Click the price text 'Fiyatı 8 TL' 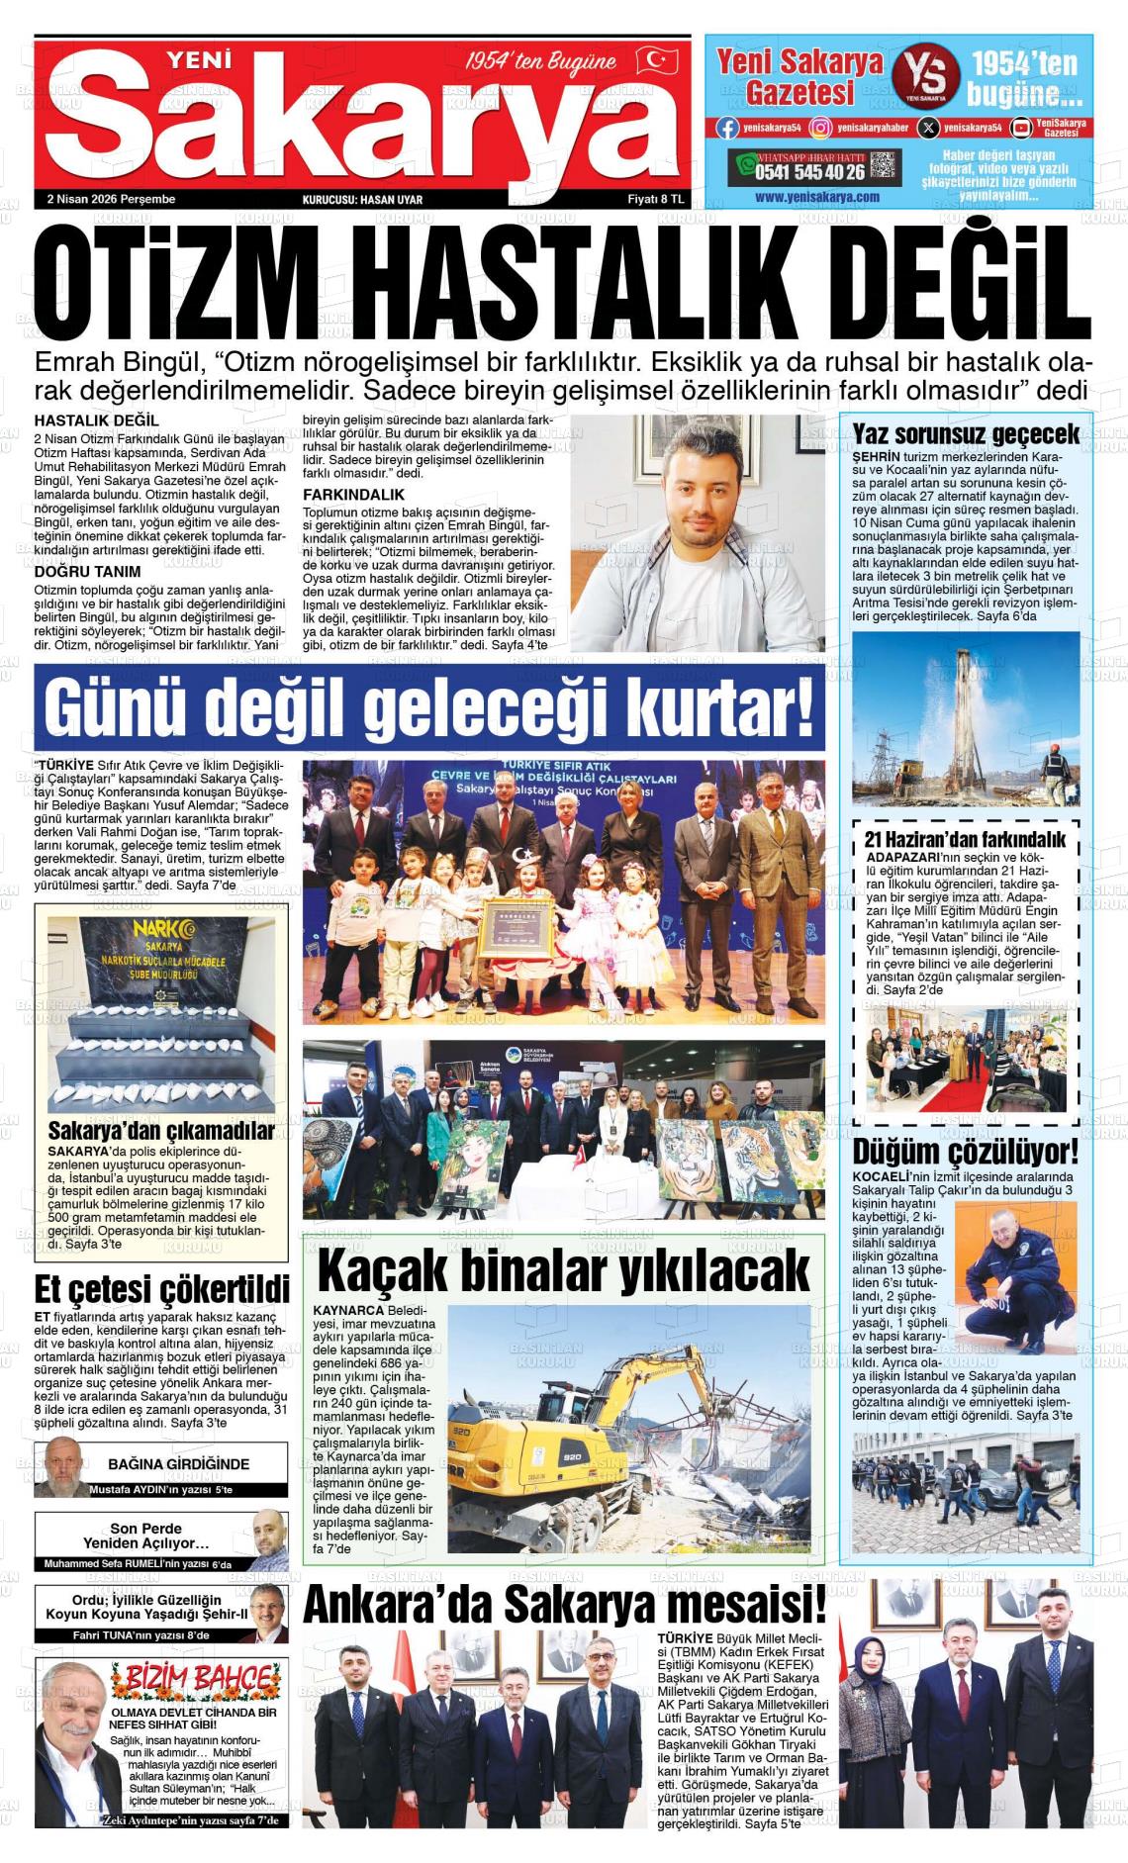656,199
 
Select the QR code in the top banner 885,167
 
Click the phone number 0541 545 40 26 809,171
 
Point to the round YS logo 925,77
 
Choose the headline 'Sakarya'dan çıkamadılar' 161,1130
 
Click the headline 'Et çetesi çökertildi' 162,1289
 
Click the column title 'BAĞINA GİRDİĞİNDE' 178,1463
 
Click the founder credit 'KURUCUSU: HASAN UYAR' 362,200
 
